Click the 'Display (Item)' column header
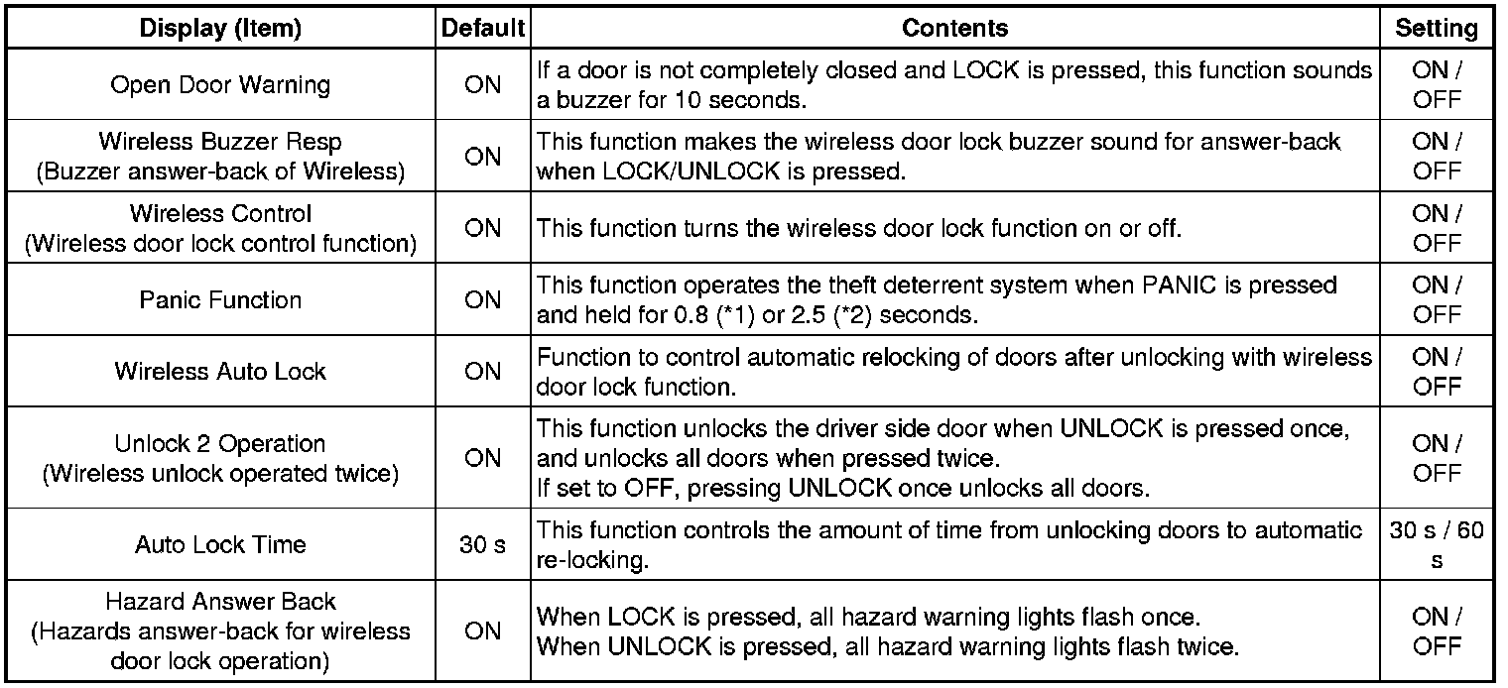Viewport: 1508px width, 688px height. pos(220,29)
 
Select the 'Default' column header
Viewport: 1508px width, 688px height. pos(482,29)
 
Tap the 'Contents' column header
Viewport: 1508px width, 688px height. pos(954,29)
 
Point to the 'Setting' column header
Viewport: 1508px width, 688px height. pos(1436,29)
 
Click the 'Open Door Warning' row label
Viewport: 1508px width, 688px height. pos(220,85)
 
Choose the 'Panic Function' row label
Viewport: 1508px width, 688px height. pos(220,300)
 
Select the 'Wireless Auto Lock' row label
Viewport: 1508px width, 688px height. pos(220,372)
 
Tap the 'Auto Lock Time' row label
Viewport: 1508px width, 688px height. pos(220,544)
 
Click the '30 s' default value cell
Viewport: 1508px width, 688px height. pos(482,544)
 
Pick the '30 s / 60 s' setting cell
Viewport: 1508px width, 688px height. pos(1436,544)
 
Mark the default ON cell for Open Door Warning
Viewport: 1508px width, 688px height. pos(482,85)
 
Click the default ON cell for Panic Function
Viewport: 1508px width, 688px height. pos(482,300)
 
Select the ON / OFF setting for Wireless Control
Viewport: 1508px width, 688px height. pos(1436,228)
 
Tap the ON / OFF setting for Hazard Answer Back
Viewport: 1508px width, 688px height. pos(1436,631)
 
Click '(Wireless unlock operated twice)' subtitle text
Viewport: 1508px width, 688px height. pos(220,473)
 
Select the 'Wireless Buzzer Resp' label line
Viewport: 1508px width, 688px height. pos(220,142)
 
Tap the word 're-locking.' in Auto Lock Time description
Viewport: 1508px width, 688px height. pos(592,559)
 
